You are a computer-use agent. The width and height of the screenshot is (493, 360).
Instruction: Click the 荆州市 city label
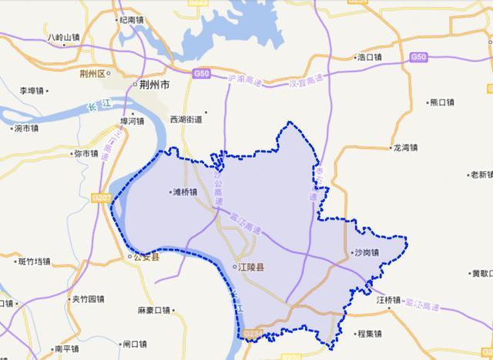point(154,86)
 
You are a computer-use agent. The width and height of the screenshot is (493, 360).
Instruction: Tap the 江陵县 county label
point(250,267)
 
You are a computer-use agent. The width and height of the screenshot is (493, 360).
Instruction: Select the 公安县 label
point(146,257)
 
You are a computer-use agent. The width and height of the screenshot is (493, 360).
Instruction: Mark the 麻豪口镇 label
point(154,310)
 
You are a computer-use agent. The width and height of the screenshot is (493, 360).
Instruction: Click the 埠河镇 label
point(130,121)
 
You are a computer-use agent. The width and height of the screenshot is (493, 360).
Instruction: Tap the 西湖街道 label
point(186,119)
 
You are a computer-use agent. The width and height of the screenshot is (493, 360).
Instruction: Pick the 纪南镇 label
point(129,21)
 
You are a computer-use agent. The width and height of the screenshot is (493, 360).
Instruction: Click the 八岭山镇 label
point(63,37)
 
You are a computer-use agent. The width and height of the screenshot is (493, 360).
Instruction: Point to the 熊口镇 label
point(441,102)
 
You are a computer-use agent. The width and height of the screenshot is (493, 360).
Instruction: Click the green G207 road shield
point(104,197)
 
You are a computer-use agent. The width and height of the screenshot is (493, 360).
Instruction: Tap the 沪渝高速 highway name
point(246,79)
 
